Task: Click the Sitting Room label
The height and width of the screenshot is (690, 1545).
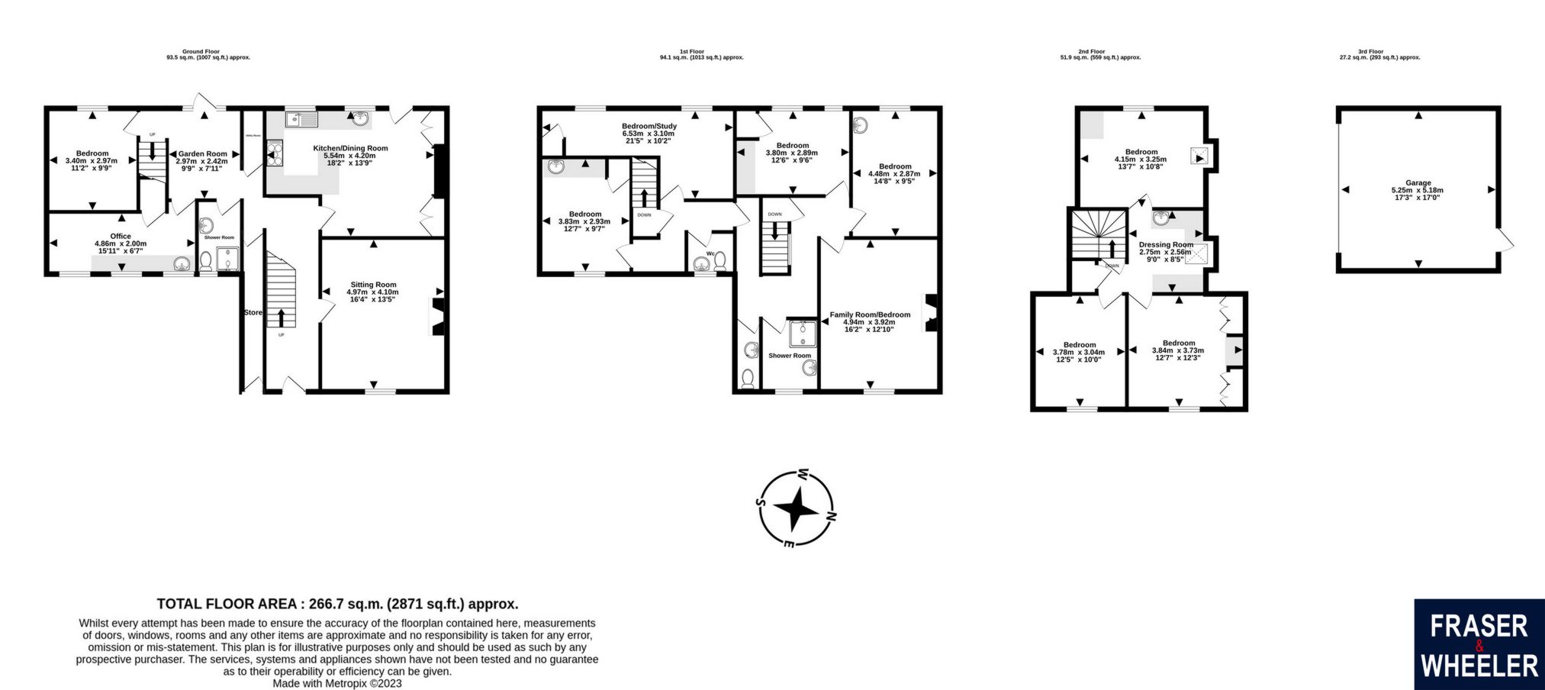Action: pos(373,285)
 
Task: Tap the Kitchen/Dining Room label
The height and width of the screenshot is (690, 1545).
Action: pos(350,148)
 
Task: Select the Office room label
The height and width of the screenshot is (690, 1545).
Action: pos(121,237)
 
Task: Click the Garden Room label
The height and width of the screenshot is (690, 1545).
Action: pos(202,154)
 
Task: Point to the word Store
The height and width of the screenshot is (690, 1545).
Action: pos(253,313)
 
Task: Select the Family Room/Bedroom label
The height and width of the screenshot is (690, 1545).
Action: pos(869,314)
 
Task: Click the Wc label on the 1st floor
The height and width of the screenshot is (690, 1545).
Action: pos(710,253)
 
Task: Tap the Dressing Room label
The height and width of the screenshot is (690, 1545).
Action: pos(1166,245)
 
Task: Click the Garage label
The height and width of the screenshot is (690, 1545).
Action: pos(1418,183)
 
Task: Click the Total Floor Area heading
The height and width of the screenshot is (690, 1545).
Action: pos(337,604)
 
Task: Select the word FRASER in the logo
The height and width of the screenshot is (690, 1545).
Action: pos(1478,627)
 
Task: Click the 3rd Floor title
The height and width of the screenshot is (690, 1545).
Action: pos(1370,51)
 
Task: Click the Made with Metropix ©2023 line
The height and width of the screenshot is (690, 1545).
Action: pos(336,684)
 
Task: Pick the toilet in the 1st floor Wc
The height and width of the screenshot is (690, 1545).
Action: pos(719,262)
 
